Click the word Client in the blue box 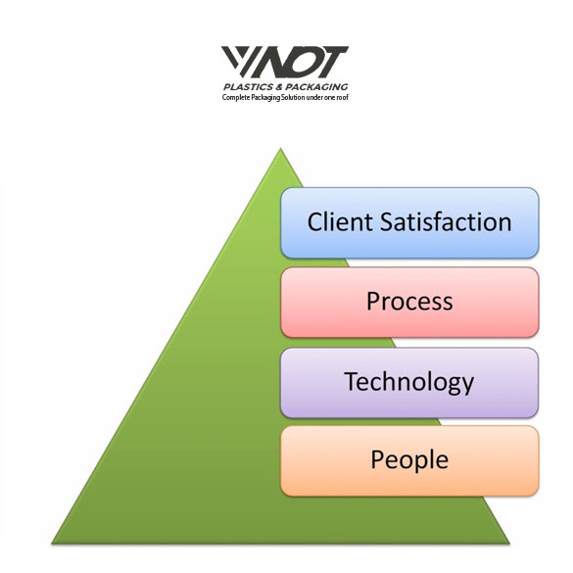(x=340, y=221)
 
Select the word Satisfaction (x=446, y=221)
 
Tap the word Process (x=409, y=302)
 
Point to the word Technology (x=408, y=382)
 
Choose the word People (x=409, y=460)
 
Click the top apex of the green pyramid (x=280, y=148)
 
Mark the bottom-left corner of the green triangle (x=52, y=544)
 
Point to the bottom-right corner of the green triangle (x=509, y=544)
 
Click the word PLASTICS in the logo (x=248, y=87)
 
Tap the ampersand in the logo (x=279, y=87)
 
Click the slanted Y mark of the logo (x=237, y=61)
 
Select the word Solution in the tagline (x=292, y=98)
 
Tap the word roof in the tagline (x=343, y=98)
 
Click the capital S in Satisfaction (x=387, y=221)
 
